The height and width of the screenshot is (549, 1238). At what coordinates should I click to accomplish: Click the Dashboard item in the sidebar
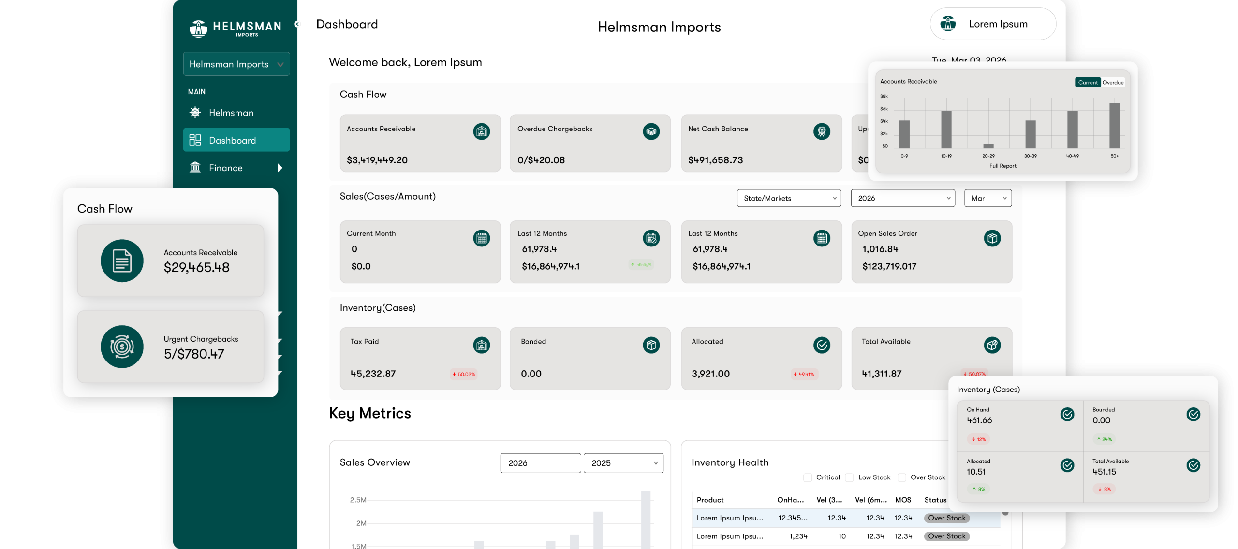[236, 140]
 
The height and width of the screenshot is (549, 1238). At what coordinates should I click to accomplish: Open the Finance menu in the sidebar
[236, 168]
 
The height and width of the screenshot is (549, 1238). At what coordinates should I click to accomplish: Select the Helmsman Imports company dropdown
[236, 64]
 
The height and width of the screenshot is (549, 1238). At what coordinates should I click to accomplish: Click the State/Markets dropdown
[789, 198]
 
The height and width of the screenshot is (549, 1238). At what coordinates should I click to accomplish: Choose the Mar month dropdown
[987, 198]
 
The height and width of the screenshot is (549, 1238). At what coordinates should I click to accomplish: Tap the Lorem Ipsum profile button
[993, 24]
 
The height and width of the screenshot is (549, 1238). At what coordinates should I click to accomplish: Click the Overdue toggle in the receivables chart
[1113, 83]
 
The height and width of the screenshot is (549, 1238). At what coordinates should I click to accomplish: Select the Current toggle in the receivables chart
[1088, 83]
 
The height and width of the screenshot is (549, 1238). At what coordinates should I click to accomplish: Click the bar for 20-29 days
[988, 145]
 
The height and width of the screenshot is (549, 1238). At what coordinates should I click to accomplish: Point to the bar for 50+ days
[1114, 125]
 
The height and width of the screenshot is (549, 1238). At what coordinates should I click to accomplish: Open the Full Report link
[1002, 166]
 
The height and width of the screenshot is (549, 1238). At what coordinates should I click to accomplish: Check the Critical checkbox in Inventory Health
[807, 477]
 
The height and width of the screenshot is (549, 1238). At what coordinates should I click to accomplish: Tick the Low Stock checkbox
[849, 477]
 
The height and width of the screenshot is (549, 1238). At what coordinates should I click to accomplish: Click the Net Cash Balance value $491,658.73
[715, 160]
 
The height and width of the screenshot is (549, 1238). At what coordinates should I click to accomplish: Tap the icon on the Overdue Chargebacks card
[651, 131]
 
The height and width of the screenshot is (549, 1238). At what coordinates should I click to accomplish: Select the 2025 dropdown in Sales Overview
[623, 463]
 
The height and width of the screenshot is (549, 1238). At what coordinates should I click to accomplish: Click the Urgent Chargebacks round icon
[122, 347]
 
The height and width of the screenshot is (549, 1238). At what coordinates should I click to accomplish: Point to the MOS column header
[903, 500]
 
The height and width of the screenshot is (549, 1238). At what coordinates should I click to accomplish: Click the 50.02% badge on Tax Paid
[464, 374]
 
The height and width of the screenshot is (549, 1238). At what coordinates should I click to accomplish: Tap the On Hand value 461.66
[979, 420]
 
